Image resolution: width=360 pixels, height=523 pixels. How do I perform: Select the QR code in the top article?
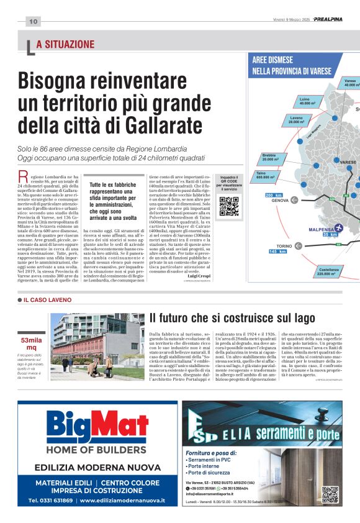coord(228,206)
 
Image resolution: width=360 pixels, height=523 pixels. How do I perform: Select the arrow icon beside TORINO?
coord(299,247)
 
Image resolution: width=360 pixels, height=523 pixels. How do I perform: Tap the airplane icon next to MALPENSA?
coord(338,228)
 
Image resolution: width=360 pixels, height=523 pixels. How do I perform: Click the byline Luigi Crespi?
coord(198,275)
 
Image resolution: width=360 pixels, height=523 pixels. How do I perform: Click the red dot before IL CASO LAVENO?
coord(19,300)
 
